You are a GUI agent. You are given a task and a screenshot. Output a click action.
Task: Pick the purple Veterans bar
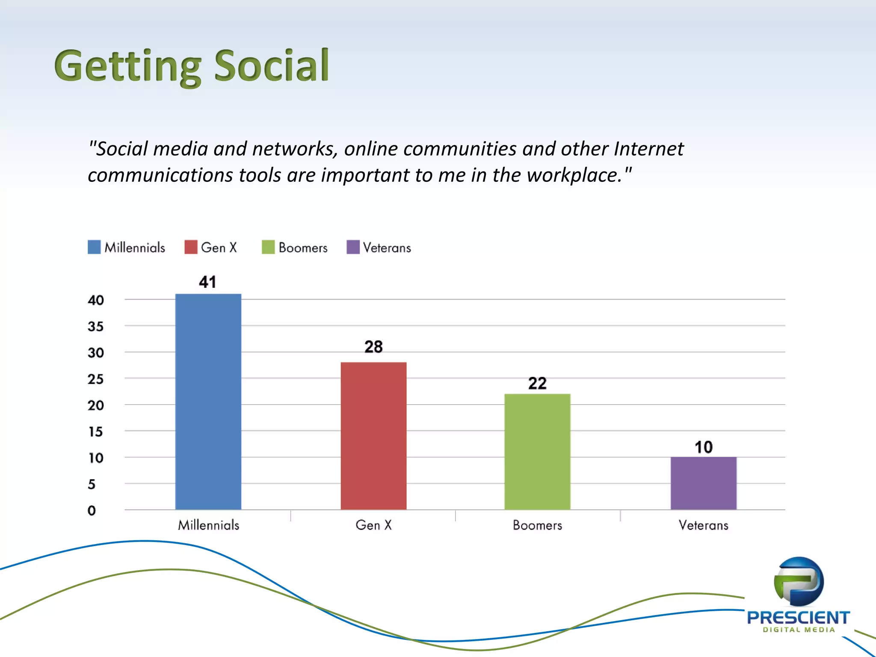703,483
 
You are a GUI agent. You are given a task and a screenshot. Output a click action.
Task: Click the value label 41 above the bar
207,282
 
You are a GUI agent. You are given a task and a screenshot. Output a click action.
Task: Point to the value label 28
373,346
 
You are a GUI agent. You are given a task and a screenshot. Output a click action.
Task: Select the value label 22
537,383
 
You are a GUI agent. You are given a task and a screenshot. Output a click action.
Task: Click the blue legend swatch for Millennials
94,247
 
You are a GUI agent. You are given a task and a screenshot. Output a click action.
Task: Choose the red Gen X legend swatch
191,247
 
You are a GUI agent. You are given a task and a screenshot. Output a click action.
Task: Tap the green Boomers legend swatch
268,247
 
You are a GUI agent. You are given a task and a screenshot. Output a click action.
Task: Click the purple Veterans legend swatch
353,247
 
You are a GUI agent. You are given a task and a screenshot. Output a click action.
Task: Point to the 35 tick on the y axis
95,327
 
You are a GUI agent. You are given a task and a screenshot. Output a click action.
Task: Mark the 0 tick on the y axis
92,510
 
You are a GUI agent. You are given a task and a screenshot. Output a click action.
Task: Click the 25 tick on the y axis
95,379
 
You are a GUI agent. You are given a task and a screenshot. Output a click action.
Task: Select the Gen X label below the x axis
373,525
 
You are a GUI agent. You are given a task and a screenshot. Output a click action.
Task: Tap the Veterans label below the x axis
703,525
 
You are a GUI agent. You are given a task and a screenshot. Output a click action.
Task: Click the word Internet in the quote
648,149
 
